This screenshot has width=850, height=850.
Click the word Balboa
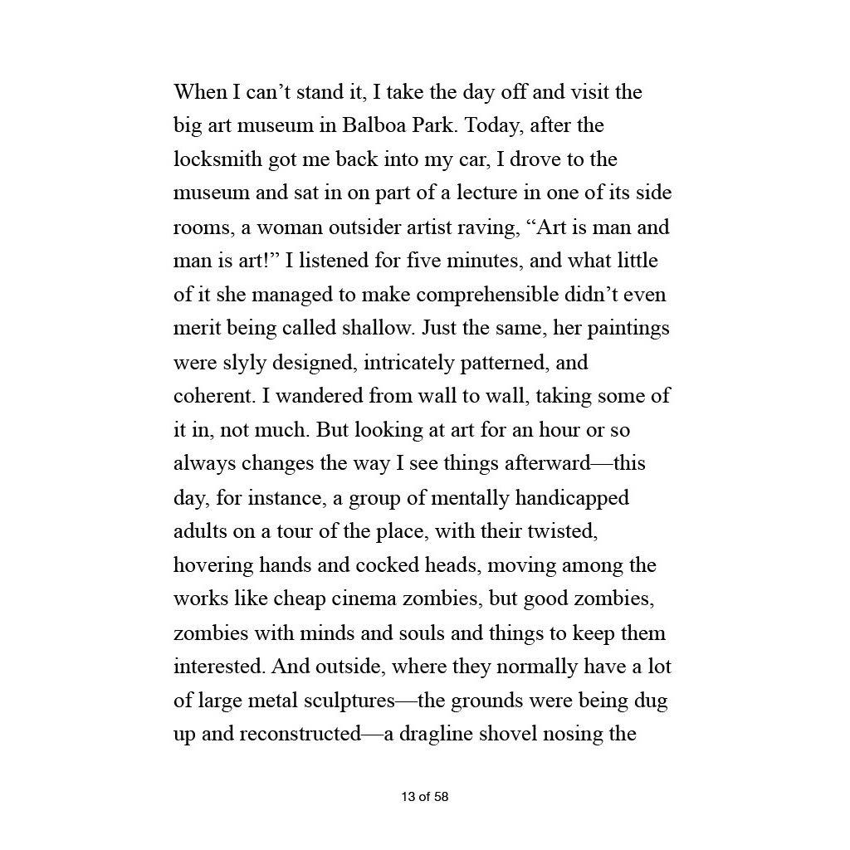tap(372, 125)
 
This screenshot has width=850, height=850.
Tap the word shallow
tap(376, 329)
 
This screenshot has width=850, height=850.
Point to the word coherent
tap(213, 397)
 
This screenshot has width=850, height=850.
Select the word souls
tap(423, 633)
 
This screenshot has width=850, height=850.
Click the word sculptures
tap(348, 701)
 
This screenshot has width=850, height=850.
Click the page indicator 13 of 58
tap(424, 798)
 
